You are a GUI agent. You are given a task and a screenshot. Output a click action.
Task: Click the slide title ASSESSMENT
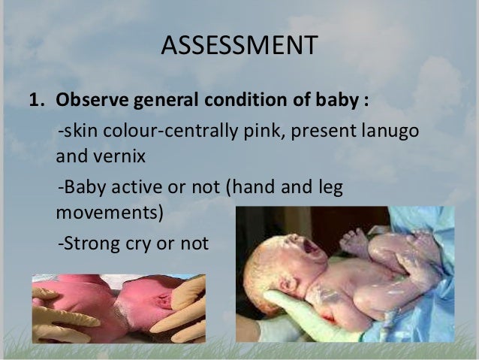[x=239, y=49]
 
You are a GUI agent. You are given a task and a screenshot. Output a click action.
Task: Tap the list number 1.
[x=35, y=101]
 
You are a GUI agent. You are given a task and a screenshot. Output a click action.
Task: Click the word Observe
[x=88, y=101]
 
